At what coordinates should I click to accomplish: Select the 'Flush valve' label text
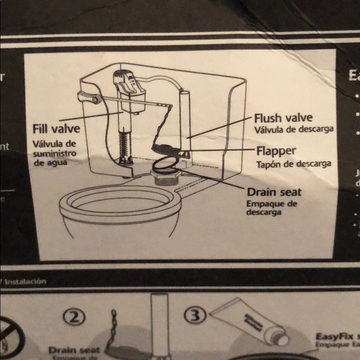coord(282,117)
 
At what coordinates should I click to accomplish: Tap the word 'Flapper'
coord(276,151)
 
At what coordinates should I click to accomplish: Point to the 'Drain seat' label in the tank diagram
coord(274,192)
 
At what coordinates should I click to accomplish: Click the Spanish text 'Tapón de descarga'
coord(294,164)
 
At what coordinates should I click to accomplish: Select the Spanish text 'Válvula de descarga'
coord(294,130)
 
